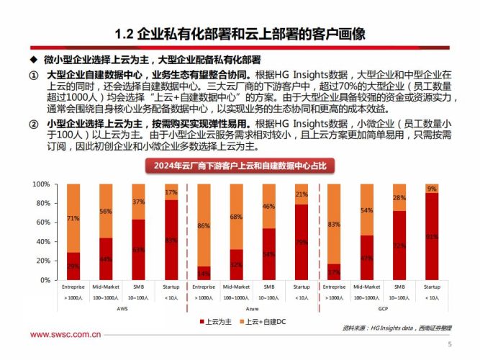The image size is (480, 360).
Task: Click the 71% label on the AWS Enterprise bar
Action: [x=73, y=217]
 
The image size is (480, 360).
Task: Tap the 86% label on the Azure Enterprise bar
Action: [x=203, y=225]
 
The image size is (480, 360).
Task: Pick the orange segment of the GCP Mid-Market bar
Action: [x=366, y=210]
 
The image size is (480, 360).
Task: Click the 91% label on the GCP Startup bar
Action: [x=432, y=235]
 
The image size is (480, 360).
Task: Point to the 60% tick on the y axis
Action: [x=42, y=222]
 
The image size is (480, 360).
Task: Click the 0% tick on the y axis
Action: [x=44, y=280]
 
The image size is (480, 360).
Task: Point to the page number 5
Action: [x=449, y=344]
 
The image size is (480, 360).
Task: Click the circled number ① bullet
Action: [x=33, y=76]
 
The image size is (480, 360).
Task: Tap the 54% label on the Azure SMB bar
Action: [x=268, y=253]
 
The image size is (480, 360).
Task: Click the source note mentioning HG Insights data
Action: [x=398, y=328]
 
